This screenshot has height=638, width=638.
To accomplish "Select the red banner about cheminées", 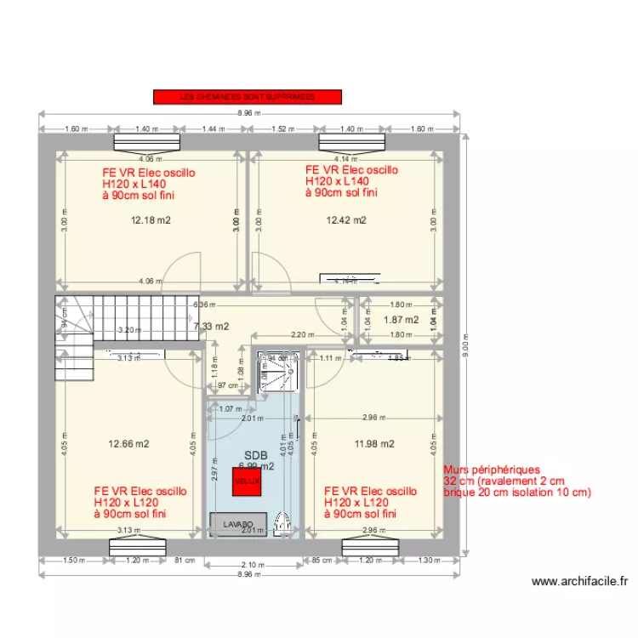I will coord(247,97).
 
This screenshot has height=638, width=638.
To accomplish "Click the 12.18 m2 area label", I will coord(151,220).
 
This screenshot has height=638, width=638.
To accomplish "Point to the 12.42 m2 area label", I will coord(346,220).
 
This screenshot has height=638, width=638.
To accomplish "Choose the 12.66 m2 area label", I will coord(128,443).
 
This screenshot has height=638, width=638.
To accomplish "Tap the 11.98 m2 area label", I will coord(374,443).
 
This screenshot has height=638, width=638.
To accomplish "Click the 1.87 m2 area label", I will coord(402,320).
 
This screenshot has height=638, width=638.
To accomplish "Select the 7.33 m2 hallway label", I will coord(212,326).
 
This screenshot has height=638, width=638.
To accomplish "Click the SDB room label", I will coord(255,456).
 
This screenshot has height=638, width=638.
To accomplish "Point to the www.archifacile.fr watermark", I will coord(579,582).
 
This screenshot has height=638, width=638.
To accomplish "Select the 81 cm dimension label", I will coord(179,560).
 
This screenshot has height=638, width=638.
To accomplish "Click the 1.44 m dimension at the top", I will coord(213,129).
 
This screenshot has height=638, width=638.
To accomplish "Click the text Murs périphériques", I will coord(492,469).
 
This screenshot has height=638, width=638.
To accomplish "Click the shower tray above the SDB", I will coord(280,371).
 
